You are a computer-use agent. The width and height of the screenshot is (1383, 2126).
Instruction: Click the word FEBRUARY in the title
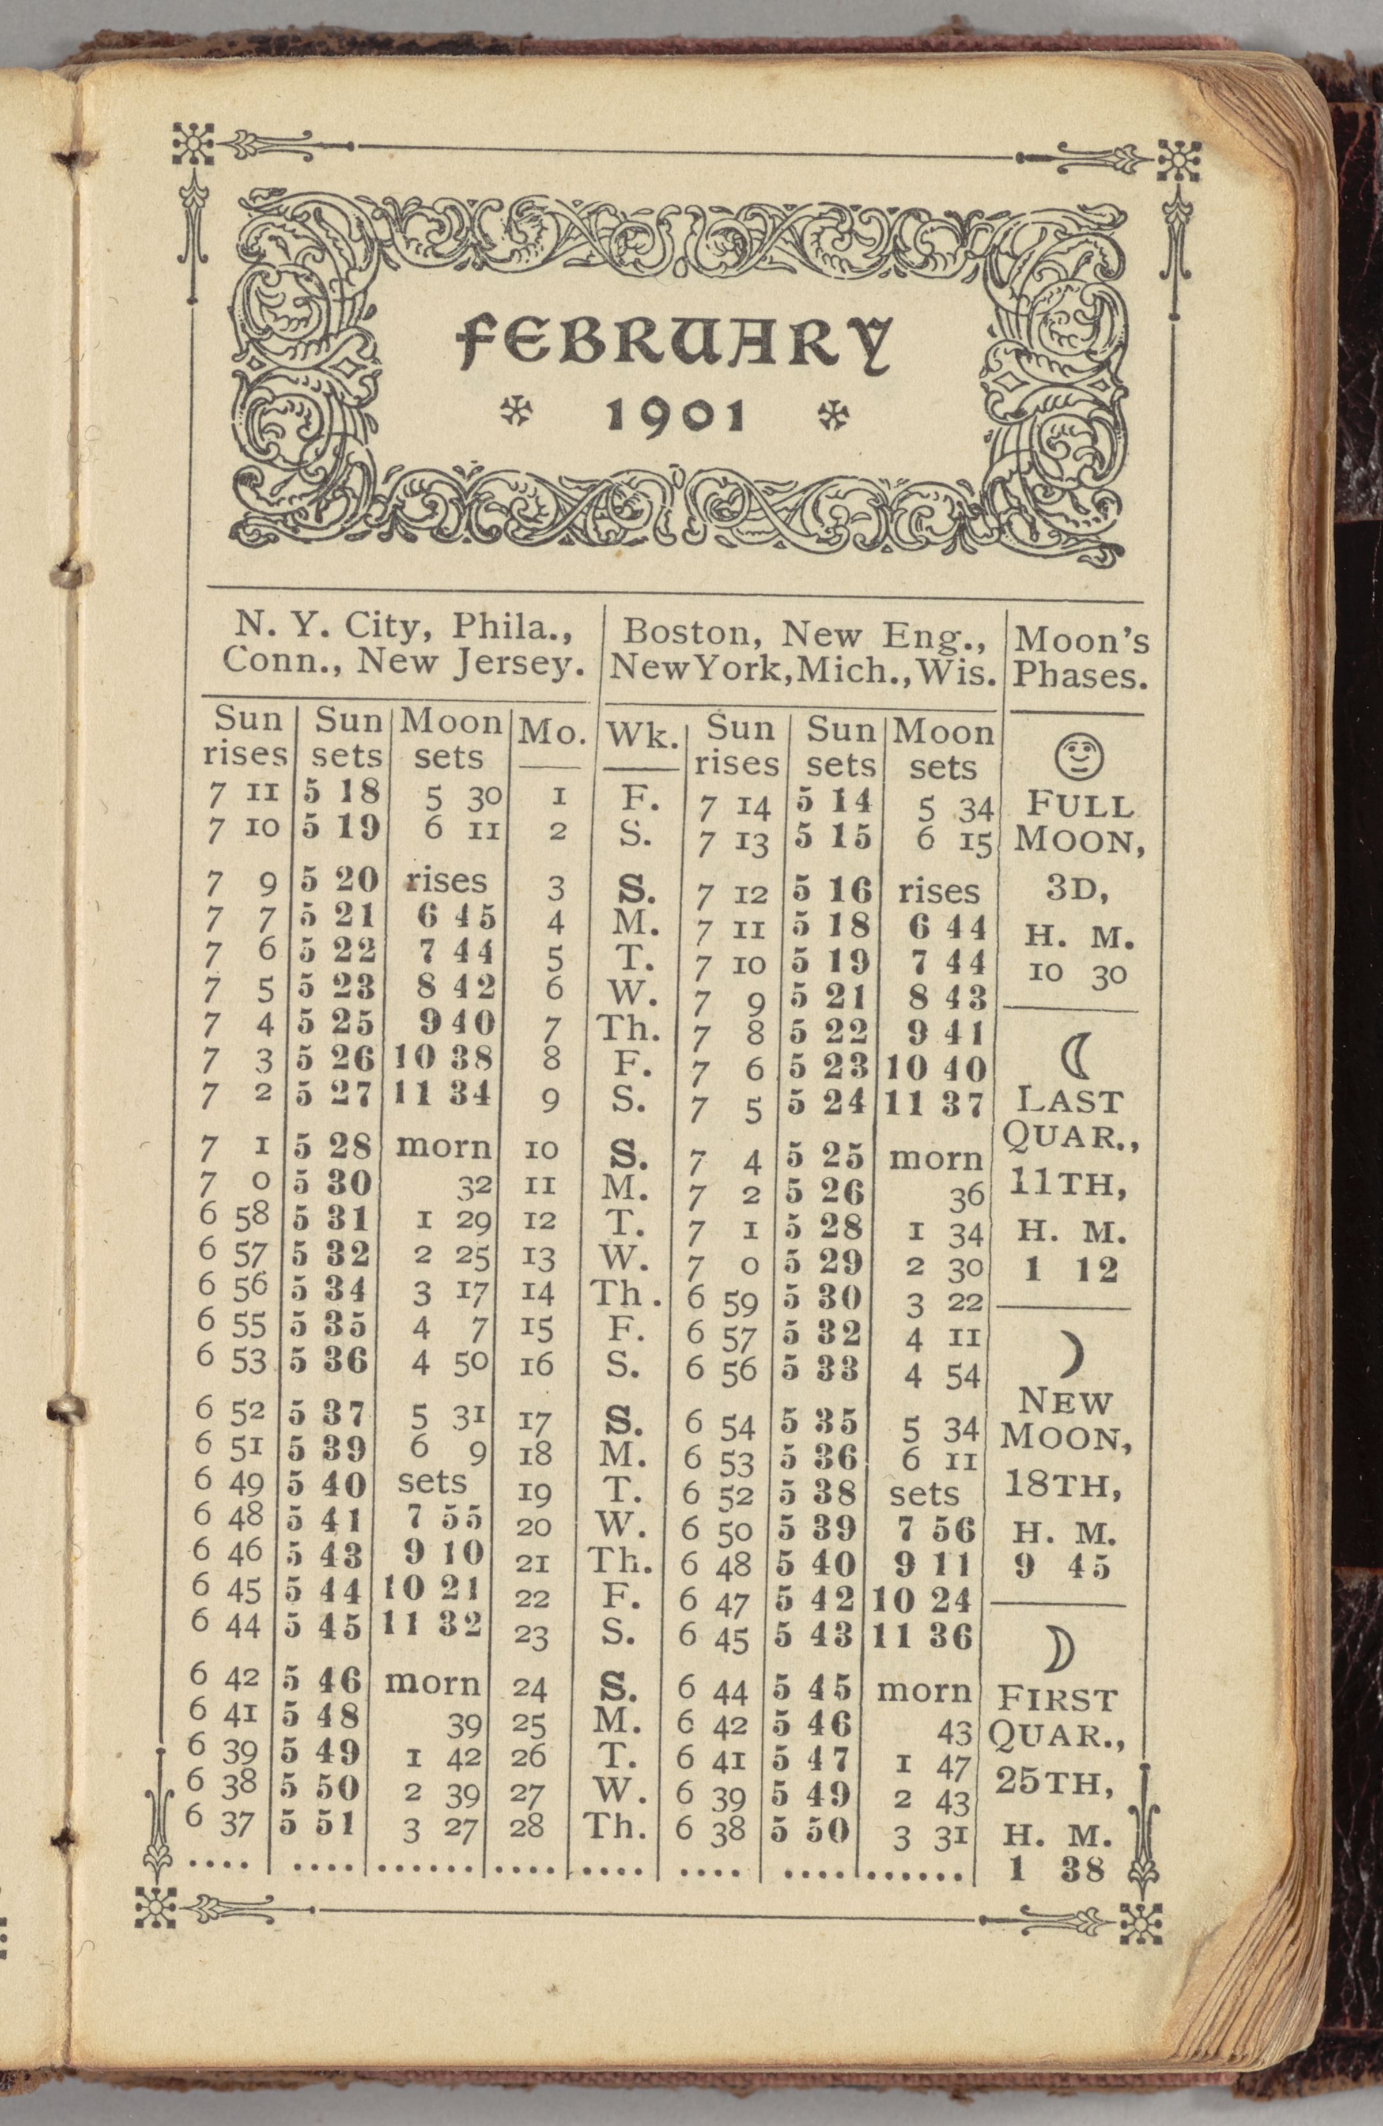point(675,344)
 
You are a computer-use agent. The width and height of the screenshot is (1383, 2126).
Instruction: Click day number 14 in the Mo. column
point(537,1293)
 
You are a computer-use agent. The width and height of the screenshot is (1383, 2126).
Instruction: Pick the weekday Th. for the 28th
point(615,1826)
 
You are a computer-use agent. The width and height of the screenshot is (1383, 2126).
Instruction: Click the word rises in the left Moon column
point(447,881)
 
